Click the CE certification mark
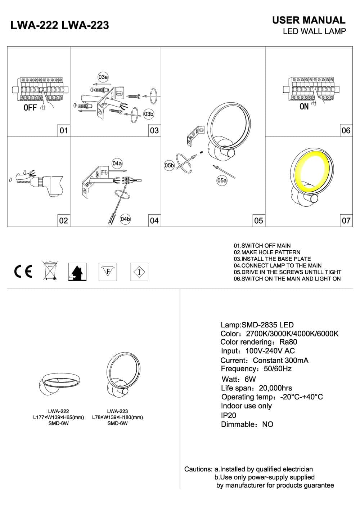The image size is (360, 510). [x=23, y=271]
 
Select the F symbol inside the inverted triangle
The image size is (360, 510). [x=108, y=272]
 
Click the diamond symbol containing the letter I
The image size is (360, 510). [x=139, y=272]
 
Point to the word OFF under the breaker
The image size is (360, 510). [x=30, y=108]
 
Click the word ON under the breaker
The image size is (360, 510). [x=304, y=107]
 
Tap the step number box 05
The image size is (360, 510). [x=258, y=220]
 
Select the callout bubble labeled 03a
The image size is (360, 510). [x=103, y=77]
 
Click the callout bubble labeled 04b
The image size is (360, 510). [x=125, y=219]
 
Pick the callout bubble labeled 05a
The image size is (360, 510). [x=222, y=180]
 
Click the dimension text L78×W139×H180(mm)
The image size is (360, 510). [x=117, y=417]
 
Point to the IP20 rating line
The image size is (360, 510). [x=229, y=415]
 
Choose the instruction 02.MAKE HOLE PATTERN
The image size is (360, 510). [x=267, y=252]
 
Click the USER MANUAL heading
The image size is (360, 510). [x=309, y=20]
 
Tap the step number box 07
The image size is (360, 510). [x=346, y=220]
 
